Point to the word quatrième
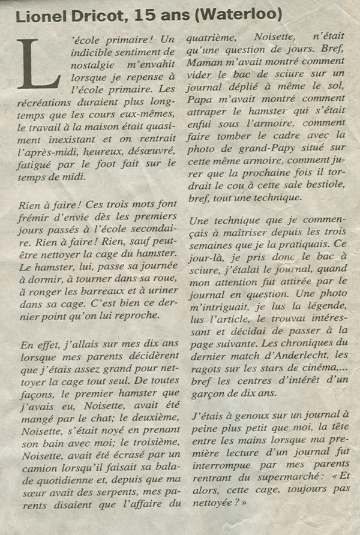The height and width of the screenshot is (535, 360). click(x=211, y=38)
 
